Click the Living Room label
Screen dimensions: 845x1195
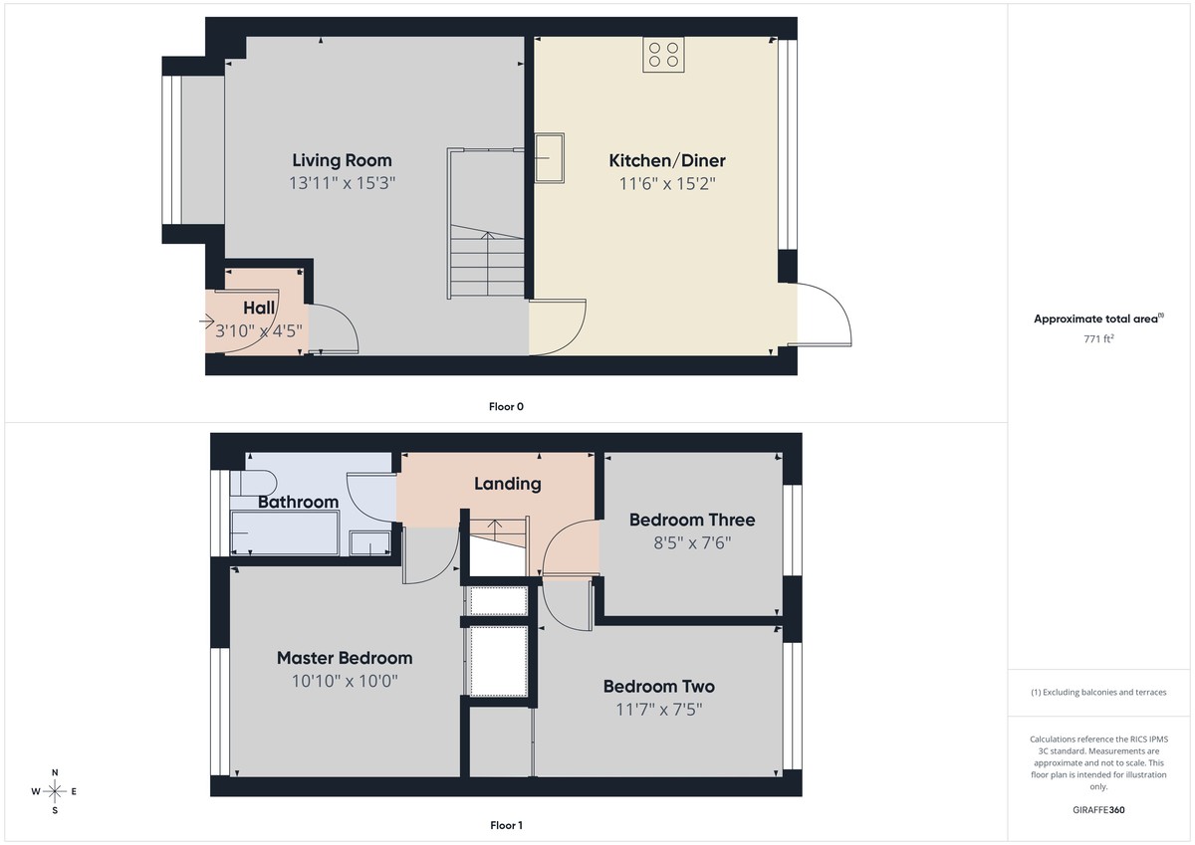(342, 160)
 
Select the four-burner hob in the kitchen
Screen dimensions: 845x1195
(663, 54)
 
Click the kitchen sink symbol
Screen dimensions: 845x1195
(550, 159)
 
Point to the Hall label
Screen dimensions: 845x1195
(259, 309)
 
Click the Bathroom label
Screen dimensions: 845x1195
(298, 503)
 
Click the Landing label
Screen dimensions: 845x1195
(507, 484)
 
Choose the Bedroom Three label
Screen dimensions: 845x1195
(692, 520)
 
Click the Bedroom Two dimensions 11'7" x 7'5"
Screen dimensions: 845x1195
(658, 710)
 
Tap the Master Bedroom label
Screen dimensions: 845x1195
(345, 658)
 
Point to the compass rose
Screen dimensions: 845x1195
(55, 791)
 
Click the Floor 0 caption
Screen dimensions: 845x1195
(506, 406)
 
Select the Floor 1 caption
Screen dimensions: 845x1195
(506, 825)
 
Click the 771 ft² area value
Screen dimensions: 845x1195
(1097, 338)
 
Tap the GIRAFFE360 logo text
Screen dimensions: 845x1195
(1097, 810)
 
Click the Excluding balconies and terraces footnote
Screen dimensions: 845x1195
(1097, 692)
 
